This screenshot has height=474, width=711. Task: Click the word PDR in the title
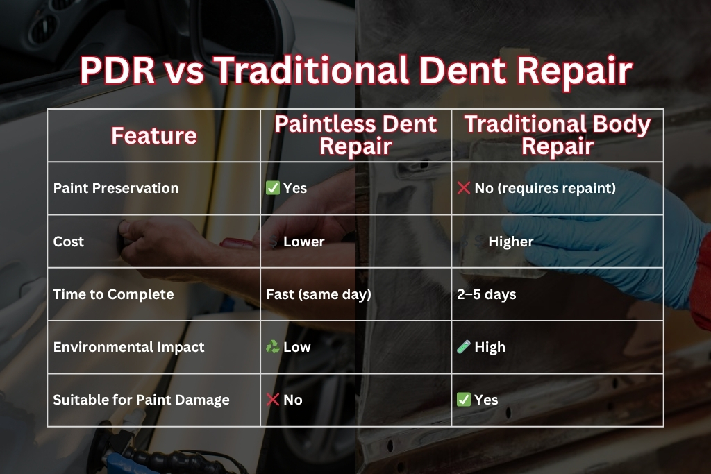116,71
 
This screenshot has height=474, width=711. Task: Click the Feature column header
154,135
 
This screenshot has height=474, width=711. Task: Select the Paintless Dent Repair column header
355,135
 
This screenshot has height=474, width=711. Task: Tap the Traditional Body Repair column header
558,135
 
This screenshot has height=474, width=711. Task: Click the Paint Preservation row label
116,188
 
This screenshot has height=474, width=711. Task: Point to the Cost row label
69,242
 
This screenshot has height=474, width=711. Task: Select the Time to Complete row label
113,294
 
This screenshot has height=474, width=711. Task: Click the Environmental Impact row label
129,347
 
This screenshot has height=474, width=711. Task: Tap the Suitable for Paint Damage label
141,400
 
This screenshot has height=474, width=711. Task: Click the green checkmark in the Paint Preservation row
273,188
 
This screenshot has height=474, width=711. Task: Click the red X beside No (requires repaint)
464,188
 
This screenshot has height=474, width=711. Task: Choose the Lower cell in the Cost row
304,242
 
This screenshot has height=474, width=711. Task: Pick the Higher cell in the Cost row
510,242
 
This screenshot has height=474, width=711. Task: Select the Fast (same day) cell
319,294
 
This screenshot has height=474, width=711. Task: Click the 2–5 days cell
487,294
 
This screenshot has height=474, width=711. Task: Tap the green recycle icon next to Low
273,347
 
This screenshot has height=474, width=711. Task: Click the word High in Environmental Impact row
490,347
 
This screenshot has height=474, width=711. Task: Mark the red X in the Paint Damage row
273,400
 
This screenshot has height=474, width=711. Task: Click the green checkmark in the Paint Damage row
464,400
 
